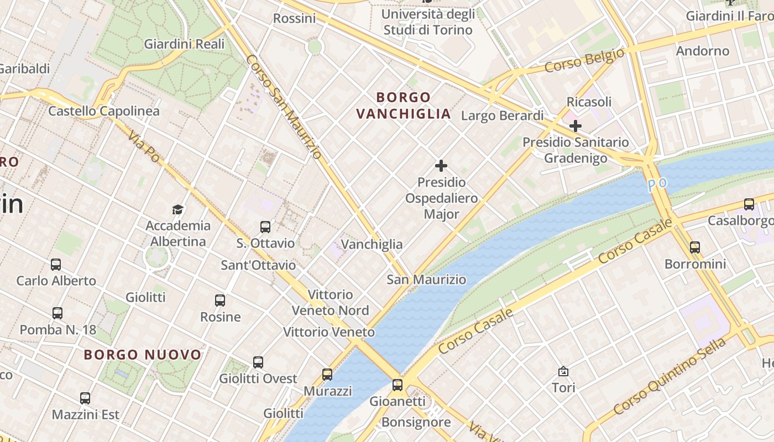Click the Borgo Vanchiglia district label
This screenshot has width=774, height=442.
pyautogui.click(x=404, y=106)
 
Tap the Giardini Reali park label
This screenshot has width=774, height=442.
pyautogui.click(x=184, y=44)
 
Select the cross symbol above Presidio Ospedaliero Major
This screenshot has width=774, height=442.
pyautogui.click(x=441, y=165)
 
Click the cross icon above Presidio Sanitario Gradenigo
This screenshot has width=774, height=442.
pyautogui.click(x=576, y=126)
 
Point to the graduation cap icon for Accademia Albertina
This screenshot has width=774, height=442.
pyautogui.click(x=177, y=209)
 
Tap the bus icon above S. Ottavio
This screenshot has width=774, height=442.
pyautogui.click(x=265, y=227)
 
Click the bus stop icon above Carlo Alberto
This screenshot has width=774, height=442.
pyautogui.click(x=56, y=264)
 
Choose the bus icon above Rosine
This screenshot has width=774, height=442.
pyautogui.click(x=220, y=301)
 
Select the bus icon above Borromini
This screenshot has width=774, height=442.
pyautogui.click(x=695, y=247)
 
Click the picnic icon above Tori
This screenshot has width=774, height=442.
pyautogui.click(x=563, y=371)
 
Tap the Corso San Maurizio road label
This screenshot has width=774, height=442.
pyautogui.click(x=283, y=106)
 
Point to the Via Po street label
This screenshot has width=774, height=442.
pyautogui.click(x=144, y=147)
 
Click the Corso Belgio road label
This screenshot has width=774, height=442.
pyautogui.click(x=584, y=60)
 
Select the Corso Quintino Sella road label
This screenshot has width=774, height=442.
pyautogui.click(x=670, y=376)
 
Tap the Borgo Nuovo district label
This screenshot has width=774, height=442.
pyautogui.click(x=143, y=355)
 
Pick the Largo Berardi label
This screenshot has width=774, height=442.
pyautogui.click(x=502, y=115)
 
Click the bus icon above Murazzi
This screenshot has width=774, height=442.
pyautogui.click(x=327, y=375)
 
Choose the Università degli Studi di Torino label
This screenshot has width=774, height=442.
pyautogui.click(x=428, y=22)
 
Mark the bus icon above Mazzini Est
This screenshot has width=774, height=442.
pyautogui.click(x=85, y=398)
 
